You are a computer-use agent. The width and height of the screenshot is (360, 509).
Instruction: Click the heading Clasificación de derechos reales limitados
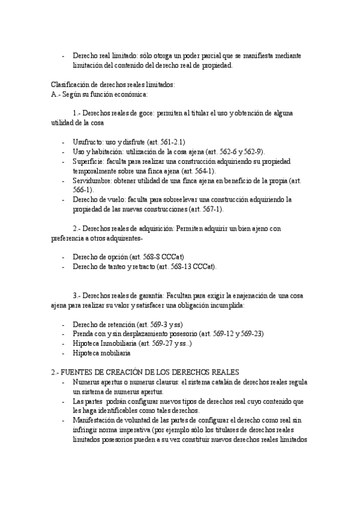(x=113, y=84)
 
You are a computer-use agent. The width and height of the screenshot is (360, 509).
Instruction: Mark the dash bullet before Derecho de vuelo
(x=64, y=199)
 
